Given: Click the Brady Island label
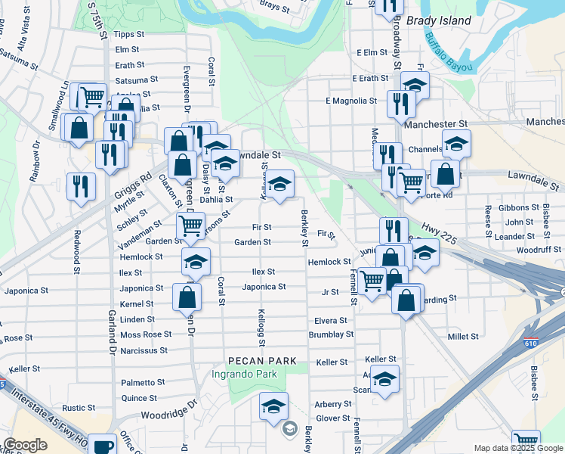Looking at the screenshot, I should pos(439,20).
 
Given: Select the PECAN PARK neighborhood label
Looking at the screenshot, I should pos(264,361).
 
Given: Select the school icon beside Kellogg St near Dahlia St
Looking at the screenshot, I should pos(279,184).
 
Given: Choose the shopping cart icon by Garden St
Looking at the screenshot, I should pos(190,225).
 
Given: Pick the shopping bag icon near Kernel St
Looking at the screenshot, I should pos(187,297).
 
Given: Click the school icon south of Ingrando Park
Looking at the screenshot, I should pos(273,406).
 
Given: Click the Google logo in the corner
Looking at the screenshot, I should pos(25,446).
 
